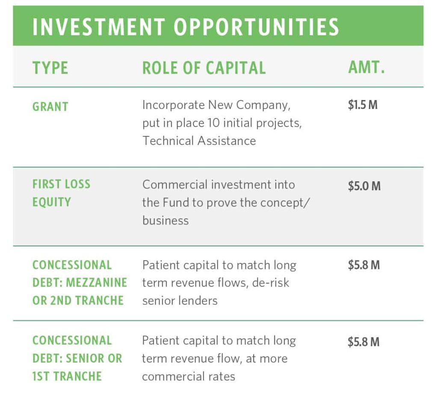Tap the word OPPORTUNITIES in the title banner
point(256,27)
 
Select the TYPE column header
point(50,68)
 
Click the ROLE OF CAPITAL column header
point(204,68)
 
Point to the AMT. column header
point(366,67)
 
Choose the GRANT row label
point(50,106)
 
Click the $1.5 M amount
point(363,105)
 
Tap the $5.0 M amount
point(364,186)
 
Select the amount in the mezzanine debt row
point(364,265)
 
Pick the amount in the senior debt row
point(364,342)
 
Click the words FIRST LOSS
point(62,184)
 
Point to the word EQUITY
point(52,202)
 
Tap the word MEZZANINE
point(96,283)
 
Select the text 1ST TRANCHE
point(67,376)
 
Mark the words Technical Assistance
point(199,141)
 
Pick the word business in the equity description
point(166,221)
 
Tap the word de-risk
point(271,283)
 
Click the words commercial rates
point(189,377)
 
